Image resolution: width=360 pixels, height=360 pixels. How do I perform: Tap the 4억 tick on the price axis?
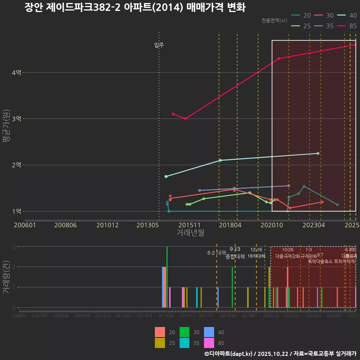pyautogui.click(x=16, y=72)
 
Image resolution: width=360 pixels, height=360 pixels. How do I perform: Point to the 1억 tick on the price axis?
pyautogui.click(x=16, y=211)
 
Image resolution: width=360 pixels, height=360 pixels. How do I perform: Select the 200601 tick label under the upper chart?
pyautogui.click(x=25, y=225)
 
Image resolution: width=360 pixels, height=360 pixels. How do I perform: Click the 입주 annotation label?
pyautogui.click(x=159, y=45)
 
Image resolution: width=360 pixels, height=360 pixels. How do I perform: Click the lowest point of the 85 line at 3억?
pyautogui.click(x=185, y=118)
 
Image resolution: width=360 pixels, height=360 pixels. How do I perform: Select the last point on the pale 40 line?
pyautogui.click(x=318, y=153)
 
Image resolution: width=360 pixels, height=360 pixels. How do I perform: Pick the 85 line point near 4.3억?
pyautogui.click(x=279, y=58)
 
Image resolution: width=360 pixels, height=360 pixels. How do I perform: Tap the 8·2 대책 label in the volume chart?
pyautogui.click(x=217, y=253)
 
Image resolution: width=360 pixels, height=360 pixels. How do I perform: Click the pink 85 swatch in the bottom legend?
pyautogui.click(x=209, y=343)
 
